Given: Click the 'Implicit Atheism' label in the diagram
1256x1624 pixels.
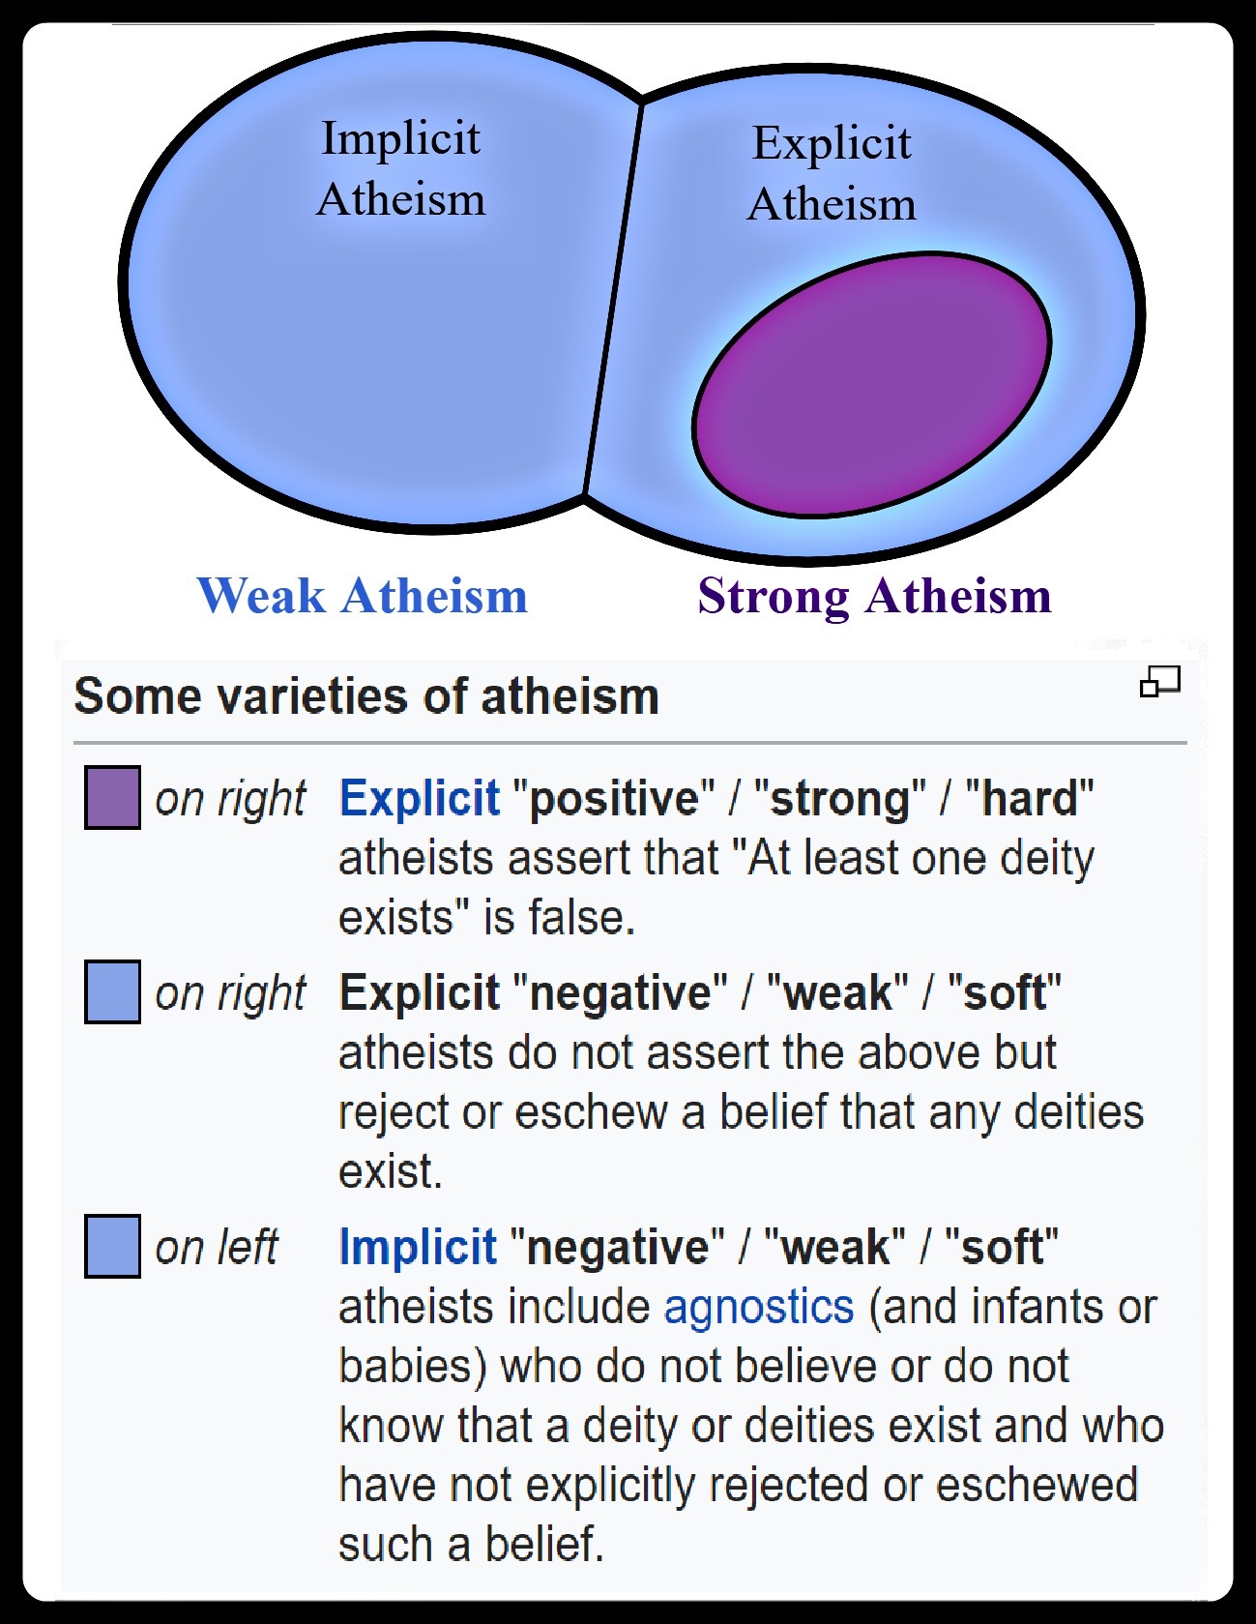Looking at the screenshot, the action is pyautogui.click(x=400, y=168).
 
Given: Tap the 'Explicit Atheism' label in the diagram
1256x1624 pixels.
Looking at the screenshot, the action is pyautogui.click(x=832, y=173).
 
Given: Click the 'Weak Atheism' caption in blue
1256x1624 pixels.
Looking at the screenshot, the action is pyautogui.click(x=363, y=595).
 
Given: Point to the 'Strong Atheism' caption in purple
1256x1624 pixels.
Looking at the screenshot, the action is pyautogui.click(x=874, y=596).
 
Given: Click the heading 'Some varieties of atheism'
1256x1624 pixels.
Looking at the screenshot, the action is pyautogui.click(x=366, y=696).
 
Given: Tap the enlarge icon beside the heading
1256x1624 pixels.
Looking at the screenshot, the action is pyautogui.click(x=1160, y=682).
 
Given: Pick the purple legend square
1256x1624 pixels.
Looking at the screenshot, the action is pyautogui.click(x=112, y=798).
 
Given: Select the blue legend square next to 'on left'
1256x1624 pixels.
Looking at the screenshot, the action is pyautogui.click(x=112, y=1246).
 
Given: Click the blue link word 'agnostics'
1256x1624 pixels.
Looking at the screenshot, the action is pyautogui.click(x=759, y=1307).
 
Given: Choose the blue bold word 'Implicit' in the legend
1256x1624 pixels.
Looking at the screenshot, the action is pyautogui.click(x=418, y=1247).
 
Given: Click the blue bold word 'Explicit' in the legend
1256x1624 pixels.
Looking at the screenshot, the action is pyautogui.click(x=420, y=799).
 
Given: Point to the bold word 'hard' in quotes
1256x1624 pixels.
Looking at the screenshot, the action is pyautogui.click(x=1030, y=799).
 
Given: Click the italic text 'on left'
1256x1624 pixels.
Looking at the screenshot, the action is pyautogui.click(x=217, y=1247).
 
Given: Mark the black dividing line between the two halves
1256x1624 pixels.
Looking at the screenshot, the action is pyautogui.click(x=613, y=298).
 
